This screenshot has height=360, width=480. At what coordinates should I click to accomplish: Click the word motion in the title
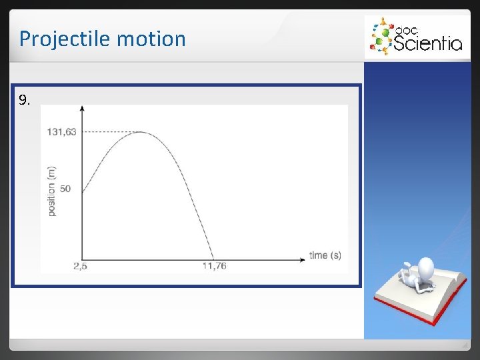[151, 39]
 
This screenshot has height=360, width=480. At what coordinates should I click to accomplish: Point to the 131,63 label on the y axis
[61, 131]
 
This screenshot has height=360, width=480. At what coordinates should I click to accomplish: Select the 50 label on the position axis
[65, 189]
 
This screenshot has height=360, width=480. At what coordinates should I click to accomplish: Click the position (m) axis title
[51, 191]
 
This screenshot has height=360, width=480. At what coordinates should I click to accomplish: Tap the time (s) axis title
[325, 255]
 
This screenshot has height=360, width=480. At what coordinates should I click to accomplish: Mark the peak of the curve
[140, 132]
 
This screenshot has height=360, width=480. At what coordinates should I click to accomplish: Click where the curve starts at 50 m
[82, 193]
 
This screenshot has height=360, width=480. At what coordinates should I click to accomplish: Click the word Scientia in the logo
[427, 43]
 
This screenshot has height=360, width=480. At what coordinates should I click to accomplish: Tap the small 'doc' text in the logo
[406, 29]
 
